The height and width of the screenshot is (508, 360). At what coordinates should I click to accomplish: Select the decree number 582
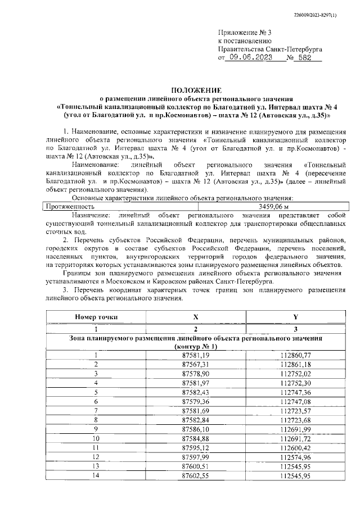tap(305, 58)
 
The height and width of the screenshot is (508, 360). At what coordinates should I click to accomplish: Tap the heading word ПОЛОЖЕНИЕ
tap(196, 90)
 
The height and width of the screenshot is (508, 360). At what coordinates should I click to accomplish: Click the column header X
tap(196, 317)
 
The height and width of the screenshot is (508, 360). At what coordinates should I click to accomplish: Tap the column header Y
tap(296, 317)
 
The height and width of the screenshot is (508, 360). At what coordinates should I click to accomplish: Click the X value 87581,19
tap(196, 355)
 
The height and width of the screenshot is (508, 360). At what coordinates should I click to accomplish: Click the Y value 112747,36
tap(296, 392)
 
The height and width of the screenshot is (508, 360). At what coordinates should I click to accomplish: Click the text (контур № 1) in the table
tap(196, 347)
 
